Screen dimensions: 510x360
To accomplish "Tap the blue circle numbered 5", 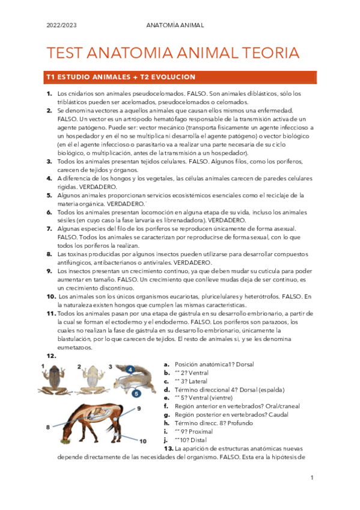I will click(x=136, y=393).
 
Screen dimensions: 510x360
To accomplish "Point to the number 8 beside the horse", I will click(x=47, y=427).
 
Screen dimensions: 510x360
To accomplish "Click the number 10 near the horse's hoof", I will click(x=142, y=441).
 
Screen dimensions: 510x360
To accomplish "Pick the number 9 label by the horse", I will click(x=138, y=408).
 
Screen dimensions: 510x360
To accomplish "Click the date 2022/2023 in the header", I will click(x=61, y=26).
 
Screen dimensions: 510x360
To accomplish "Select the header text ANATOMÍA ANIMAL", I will click(x=175, y=26).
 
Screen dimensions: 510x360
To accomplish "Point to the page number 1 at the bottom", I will click(x=313, y=478).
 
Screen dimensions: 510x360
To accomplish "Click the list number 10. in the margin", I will click(x=52, y=296).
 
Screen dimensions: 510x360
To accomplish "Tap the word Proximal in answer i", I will click(x=201, y=431).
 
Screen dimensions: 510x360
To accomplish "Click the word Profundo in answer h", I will click(x=234, y=423).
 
